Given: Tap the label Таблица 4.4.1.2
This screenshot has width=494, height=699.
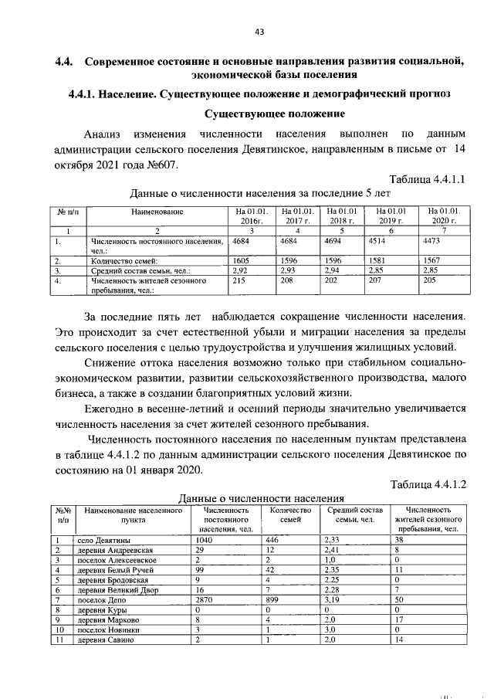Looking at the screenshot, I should [x=431, y=484].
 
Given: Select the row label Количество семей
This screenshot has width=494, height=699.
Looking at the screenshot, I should [x=123, y=261].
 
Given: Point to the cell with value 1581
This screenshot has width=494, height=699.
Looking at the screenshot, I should [x=386, y=261].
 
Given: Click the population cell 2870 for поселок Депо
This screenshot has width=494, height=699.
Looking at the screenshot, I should [x=209, y=599].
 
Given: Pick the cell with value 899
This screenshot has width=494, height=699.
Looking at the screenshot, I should [x=273, y=599].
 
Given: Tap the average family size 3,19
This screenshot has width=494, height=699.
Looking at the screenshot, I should [x=333, y=599].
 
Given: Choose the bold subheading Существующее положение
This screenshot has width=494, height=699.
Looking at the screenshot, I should [x=275, y=114].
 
